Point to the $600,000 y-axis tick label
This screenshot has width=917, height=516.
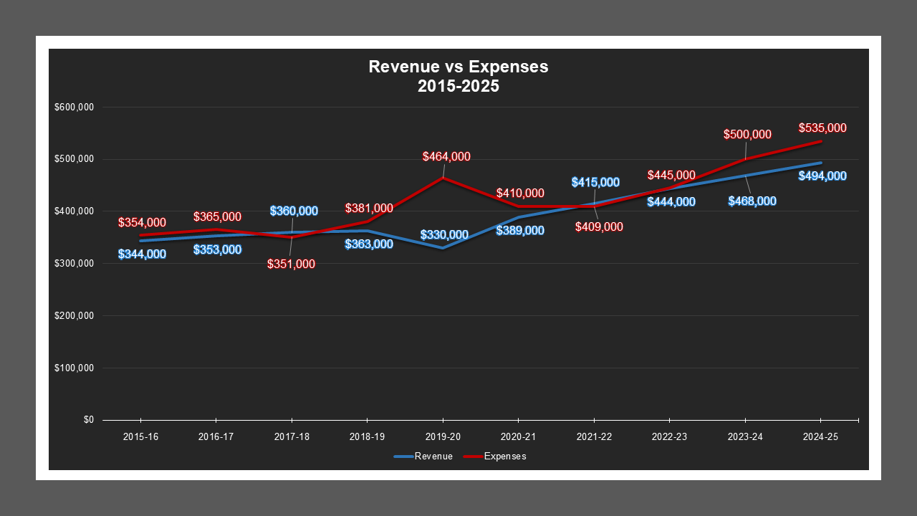[x=75, y=107]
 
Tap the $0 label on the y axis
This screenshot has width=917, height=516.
[x=88, y=420]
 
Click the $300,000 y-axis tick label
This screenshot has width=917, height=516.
[x=75, y=264]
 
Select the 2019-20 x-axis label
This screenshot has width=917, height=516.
[x=443, y=436]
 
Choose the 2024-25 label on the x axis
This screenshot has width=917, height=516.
[x=820, y=436]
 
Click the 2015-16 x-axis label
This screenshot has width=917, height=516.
[x=140, y=436]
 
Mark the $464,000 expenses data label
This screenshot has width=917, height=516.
[x=446, y=157]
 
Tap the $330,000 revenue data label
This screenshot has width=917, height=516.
[x=444, y=235]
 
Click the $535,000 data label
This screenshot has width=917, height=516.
[x=822, y=128]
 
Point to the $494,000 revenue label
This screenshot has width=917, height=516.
[x=822, y=176]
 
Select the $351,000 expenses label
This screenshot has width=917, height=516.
[x=291, y=264]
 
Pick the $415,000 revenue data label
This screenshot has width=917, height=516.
[x=595, y=183]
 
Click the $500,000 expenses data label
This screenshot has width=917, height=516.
[x=747, y=135]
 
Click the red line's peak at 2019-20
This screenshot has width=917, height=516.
[x=443, y=178]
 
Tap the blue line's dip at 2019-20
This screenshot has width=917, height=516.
[x=443, y=248]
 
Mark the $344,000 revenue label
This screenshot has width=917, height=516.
[x=142, y=254]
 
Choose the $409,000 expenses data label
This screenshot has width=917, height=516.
[x=599, y=227]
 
